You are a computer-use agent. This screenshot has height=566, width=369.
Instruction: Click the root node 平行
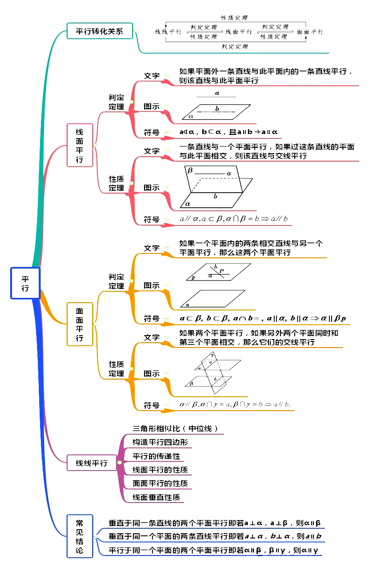pos(25,283)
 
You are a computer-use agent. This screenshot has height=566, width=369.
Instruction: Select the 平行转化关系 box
pos(100,31)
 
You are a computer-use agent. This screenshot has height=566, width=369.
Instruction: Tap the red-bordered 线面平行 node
pos(80,145)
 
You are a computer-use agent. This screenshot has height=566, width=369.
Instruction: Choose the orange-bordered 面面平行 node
pos(80,324)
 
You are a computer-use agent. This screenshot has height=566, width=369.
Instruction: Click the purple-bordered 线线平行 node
pos(92,463)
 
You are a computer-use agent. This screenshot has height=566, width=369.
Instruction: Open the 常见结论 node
pos(80,536)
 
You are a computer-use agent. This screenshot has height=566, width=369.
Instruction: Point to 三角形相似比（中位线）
pos(175,428)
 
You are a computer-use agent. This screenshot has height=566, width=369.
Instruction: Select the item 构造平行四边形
pos(160,442)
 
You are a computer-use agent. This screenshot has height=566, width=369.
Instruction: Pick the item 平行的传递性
pos(156,456)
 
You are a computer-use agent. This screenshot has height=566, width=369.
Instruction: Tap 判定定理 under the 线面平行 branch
pos(116,102)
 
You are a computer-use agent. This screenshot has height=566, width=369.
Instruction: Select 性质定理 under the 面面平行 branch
pos(116,369)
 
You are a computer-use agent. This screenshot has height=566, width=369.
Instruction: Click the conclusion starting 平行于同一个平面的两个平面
pos(213,551)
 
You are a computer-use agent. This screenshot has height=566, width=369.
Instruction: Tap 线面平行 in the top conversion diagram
pos(239,32)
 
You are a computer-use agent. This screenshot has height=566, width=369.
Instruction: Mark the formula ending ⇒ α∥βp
pos(263,318)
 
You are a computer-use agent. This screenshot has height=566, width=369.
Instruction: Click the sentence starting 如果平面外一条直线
pos(266,76)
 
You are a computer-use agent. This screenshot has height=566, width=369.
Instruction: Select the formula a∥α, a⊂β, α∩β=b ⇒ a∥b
pos(233,219)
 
